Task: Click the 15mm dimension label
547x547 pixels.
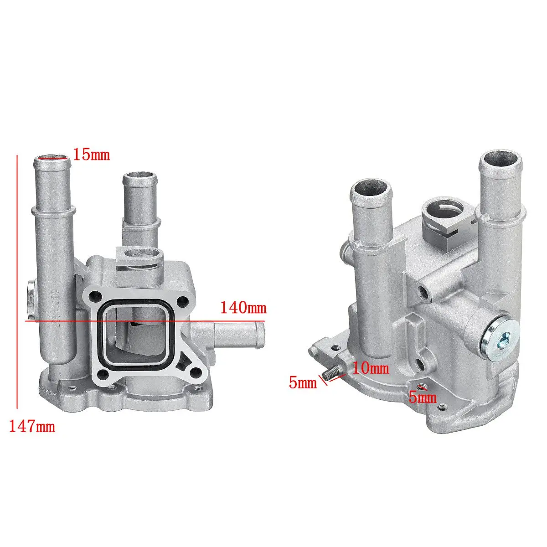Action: pyautogui.click(x=92, y=155)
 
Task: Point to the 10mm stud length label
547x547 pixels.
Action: pyautogui.click(x=371, y=368)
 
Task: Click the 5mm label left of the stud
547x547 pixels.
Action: pyautogui.click(x=303, y=382)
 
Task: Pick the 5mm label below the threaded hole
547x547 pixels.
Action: pyautogui.click(x=423, y=397)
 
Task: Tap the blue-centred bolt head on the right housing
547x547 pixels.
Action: pyautogui.click(x=499, y=340)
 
